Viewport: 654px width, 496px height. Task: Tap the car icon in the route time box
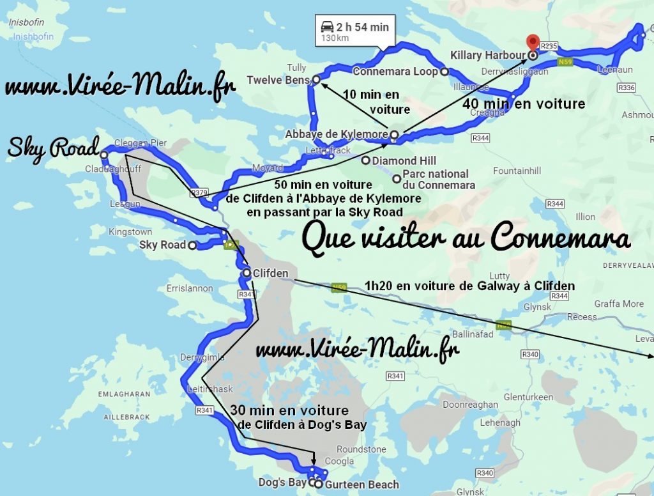327,26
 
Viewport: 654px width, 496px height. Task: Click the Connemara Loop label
395,72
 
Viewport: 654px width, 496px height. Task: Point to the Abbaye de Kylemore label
337,134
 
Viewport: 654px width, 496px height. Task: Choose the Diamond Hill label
404,160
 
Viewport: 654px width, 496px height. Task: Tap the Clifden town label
270,273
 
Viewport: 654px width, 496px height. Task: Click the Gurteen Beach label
361,484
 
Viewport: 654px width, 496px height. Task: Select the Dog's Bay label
282,483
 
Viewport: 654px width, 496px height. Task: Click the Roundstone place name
361,449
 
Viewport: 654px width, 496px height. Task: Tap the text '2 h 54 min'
363,27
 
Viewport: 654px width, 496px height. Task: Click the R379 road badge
199,192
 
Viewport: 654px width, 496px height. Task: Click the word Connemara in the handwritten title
561,238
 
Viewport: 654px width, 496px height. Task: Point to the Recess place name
582,316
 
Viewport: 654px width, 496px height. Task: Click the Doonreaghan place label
470,405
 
